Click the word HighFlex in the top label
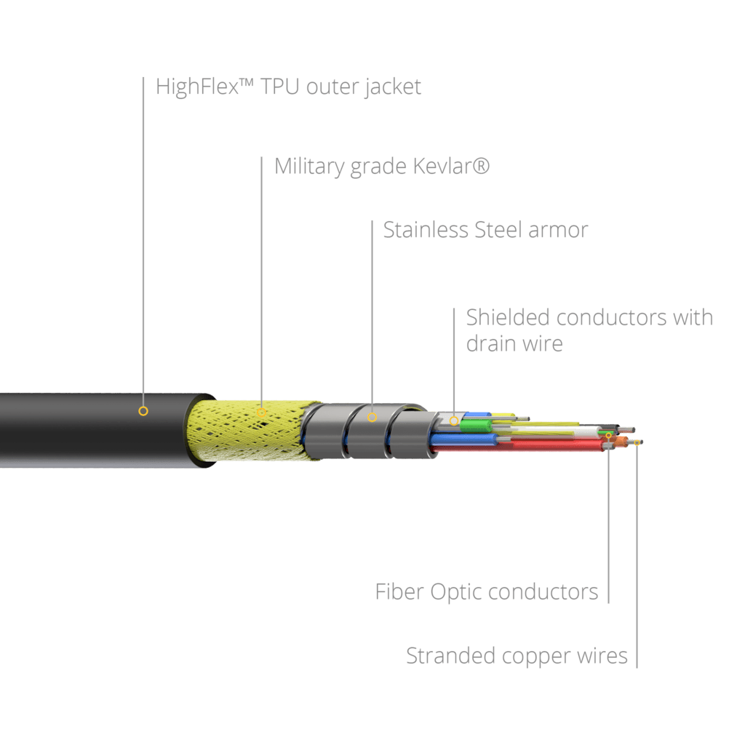[x=196, y=88]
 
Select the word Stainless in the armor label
[x=426, y=230]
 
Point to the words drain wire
[x=514, y=343]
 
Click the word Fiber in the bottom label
[x=399, y=592]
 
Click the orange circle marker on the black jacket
[x=143, y=411]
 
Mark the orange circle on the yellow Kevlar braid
[x=261, y=413]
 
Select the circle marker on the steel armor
[x=372, y=418]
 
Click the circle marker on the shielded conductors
[x=454, y=421]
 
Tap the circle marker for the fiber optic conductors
[x=609, y=436]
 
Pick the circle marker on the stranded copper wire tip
[x=637, y=442]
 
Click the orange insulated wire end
[x=620, y=442]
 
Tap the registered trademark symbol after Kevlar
[x=482, y=164]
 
